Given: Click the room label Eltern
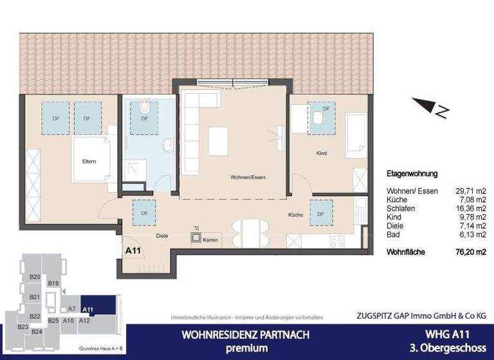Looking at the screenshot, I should tap(89, 161).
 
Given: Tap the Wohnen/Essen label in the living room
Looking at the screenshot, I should tap(248, 177).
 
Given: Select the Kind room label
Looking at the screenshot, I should tap(322, 154).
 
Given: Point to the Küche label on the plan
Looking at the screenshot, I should tap(295, 215).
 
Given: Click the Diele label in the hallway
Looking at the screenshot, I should tap(162, 236).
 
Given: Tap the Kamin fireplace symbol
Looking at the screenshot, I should tap(196, 238).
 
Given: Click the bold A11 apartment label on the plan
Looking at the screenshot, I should tap(133, 251).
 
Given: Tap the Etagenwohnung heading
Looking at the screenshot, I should tap(412, 174).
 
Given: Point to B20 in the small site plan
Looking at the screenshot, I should tap(35, 276).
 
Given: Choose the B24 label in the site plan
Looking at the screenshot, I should tap(37, 332).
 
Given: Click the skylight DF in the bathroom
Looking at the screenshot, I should tap(144, 118).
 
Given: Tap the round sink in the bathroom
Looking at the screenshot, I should tap(168, 145).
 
